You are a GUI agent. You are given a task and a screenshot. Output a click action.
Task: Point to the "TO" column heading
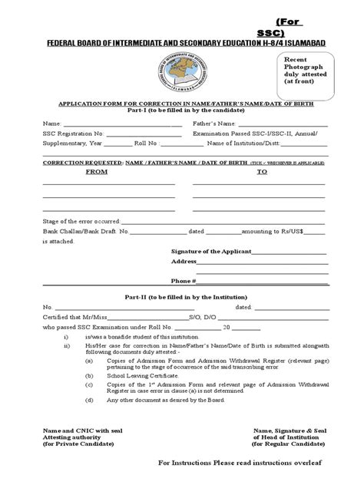click(x=261, y=173)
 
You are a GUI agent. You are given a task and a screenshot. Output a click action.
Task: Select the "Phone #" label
click(x=183, y=281)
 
